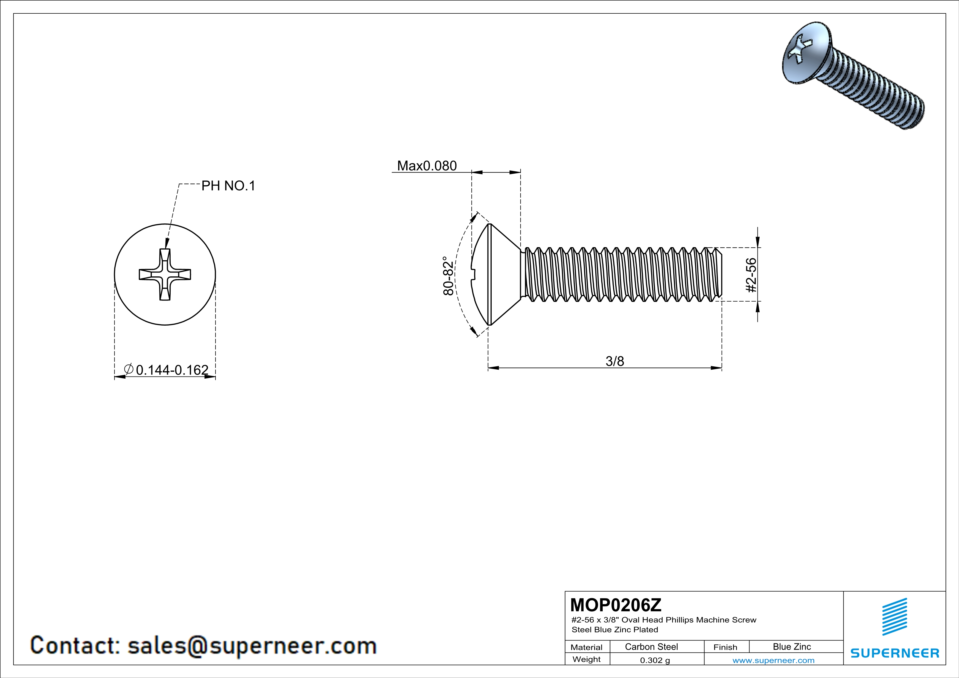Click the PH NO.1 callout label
point(228,186)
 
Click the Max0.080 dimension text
point(427,166)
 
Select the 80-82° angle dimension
point(448,276)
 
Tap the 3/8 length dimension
point(614,361)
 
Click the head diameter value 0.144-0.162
point(172,370)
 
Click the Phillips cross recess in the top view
point(165,274)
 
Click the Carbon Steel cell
point(651,647)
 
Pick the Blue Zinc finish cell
point(791,647)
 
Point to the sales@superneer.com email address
point(252,645)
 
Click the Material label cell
point(587,647)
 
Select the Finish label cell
point(725,647)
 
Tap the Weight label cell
point(587,659)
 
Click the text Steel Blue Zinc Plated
point(614,630)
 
